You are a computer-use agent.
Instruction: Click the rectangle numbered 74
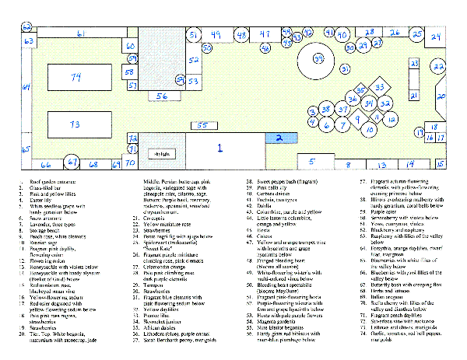(x=75, y=78)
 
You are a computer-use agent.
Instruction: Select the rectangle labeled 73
(x=75, y=124)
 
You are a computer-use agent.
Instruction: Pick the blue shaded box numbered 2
(x=278, y=137)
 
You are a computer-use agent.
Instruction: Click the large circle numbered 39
(x=318, y=58)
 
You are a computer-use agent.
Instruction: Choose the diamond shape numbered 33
(x=380, y=88)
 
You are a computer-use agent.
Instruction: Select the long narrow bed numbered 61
(x=82, y=34)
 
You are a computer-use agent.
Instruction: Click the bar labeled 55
(x=202, y=124)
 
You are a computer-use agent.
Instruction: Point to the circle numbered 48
(x=243, y=35)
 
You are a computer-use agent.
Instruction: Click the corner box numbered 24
(x=436, y=37)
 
